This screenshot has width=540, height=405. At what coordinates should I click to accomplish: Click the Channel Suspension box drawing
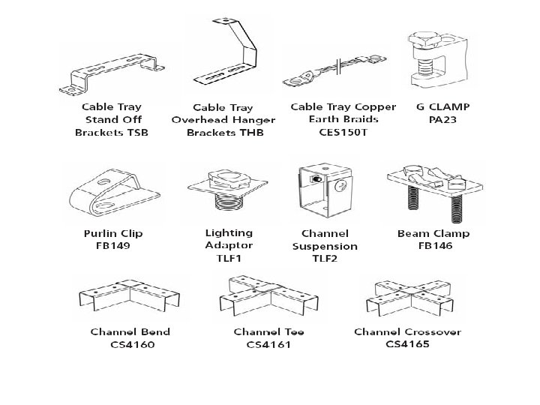tap(323, 193)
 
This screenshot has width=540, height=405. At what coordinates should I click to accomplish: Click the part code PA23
tap(442, 119)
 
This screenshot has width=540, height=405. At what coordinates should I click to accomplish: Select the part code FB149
tap(112, 245)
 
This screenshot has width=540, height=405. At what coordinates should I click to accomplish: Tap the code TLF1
tap(229, 258)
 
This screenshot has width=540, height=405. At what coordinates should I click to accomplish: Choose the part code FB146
tap(433, 245)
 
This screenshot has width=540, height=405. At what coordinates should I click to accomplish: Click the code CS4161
tap(268, 344)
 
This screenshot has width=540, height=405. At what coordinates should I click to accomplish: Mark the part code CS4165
tap(407, 344)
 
